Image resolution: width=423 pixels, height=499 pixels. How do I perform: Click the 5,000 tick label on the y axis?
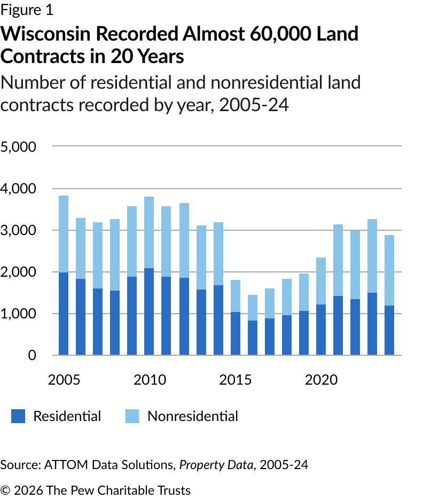[x=18, y=146]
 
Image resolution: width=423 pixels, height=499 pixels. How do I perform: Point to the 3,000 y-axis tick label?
[x=18, y=230]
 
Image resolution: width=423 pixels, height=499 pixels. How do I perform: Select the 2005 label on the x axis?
[x=64, y=380]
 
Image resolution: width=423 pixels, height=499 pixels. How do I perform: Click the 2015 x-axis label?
[x=236, y=380]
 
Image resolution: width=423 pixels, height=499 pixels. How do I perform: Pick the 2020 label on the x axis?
[x=321, y=380]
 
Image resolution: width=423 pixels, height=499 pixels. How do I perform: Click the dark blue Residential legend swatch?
[x=18, y=416]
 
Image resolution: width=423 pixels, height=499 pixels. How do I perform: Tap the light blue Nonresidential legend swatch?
[x=132, y=416]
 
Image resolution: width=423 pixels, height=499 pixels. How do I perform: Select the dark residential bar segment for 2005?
[x=64, y=314]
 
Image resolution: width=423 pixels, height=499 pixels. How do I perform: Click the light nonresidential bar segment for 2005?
[x=64, y=234]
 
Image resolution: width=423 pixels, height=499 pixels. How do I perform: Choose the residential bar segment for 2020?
[x=321, y=330]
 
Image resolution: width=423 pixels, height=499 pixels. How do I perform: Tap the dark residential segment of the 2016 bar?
[x=252, y=338]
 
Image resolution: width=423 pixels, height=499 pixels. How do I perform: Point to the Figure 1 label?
[x=27, y=10]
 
